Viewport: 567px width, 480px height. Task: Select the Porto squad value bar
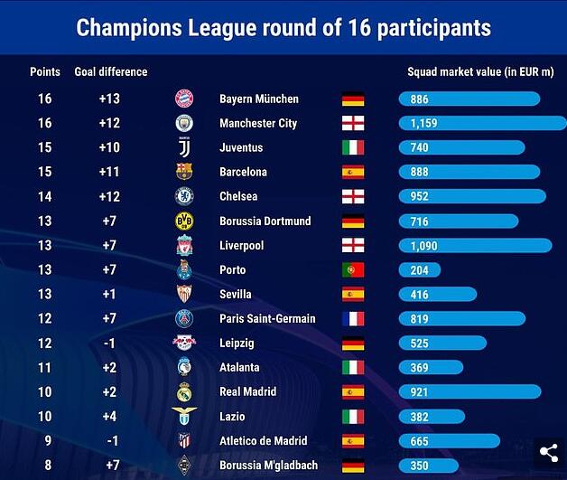(420, 269)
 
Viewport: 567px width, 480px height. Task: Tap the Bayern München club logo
(184, 99)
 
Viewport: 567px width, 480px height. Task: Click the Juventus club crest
(184, 147)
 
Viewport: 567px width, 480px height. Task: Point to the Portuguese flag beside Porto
(352, 269)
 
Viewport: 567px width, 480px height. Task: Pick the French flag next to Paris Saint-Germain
(352, 318)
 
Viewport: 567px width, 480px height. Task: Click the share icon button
(549, 453)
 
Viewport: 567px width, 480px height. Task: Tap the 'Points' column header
(45, 71)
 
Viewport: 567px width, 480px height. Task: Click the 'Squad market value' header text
(478, 71)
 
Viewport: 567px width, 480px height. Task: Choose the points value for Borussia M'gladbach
(44, 465)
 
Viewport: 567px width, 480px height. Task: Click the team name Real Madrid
(247, 391)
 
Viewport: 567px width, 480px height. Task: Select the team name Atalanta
(239, 367)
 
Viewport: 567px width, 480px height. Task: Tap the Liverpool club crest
(184, 245)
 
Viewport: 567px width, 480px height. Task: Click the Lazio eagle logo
(184, 416)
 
